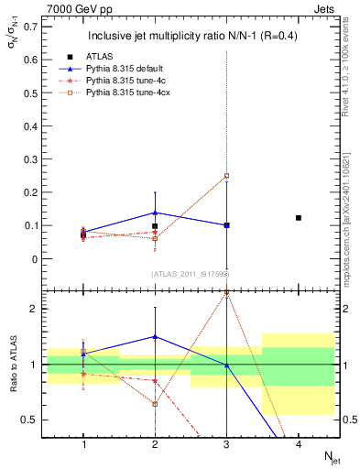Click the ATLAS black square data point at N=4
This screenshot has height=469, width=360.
[x=299, y=218]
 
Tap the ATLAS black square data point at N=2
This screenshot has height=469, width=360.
[x=155, y=226]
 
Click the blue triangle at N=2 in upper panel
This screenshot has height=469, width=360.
[x=155, y=213]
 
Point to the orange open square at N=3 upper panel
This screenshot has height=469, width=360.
[x=226, y=176]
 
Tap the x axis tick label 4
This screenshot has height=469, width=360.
[x=299, y=444]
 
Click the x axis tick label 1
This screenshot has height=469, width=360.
[x=83, y=444]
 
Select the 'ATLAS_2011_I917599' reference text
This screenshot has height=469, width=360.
[x=190, y=274]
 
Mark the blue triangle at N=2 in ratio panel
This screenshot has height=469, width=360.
[x=155, y=337]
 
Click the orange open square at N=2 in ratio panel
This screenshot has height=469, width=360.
[x=155, y=404]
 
